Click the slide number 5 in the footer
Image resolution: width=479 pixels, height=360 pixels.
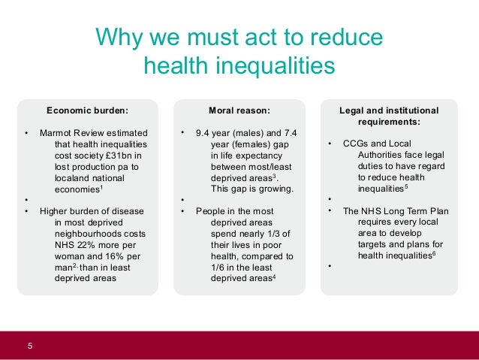tap(30, 345)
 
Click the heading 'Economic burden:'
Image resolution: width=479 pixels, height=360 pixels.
tap(87, 110)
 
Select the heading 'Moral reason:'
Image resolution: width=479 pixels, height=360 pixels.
tap(239, 110)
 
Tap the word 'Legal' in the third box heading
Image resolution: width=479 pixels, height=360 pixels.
tap(357, 110)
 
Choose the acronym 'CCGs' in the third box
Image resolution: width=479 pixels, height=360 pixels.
tap(354, 143)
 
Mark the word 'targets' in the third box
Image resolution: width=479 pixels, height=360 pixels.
tap(372, 245)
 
